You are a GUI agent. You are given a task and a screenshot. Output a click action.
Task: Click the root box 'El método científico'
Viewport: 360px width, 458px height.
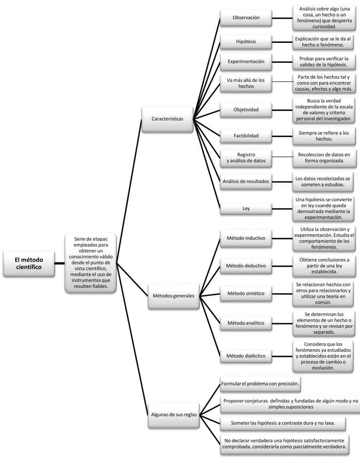click(x=29, y=263)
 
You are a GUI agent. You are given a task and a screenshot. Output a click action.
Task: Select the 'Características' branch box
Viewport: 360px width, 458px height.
click(x=168, y=119)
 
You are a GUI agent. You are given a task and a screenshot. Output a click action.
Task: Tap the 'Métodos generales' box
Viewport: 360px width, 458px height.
click(x=173, y=296)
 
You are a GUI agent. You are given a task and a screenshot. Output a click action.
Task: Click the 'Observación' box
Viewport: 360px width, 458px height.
click(x=246, y=18)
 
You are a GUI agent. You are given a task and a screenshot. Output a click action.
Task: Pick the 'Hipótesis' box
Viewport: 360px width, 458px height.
click(x=246, y=41)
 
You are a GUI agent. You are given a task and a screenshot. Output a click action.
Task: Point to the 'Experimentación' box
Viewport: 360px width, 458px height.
click(x=246, y=62)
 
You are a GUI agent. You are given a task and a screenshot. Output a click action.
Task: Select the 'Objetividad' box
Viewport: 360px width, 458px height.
click(x=246, y=109)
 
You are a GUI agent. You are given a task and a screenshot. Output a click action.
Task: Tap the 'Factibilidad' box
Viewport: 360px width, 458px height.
click(x=246, y=136)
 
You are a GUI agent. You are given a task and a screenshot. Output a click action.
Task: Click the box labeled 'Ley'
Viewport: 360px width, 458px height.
click(x=246, y=208)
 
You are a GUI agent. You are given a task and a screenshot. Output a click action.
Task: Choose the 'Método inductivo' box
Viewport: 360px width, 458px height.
click(x=246, y=238)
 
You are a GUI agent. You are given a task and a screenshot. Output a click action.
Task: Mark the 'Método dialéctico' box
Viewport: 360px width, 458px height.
click(x=246, y=356)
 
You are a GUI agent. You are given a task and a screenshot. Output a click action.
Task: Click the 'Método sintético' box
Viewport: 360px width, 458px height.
click(x=246, y=293)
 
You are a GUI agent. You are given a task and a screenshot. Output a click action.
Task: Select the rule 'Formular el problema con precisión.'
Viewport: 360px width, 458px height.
click(x=260, y=384)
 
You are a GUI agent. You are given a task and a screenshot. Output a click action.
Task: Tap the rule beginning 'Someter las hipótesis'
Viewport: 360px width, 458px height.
click(x=282, y=423)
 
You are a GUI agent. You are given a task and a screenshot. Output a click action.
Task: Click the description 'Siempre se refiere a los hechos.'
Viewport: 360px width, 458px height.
click(x=324, y=136)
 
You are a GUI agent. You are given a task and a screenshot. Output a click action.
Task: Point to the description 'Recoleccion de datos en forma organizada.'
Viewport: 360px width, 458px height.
click(x=324, y=158)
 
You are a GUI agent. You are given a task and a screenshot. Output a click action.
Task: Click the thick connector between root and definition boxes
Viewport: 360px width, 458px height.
click(x=60, y=263)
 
